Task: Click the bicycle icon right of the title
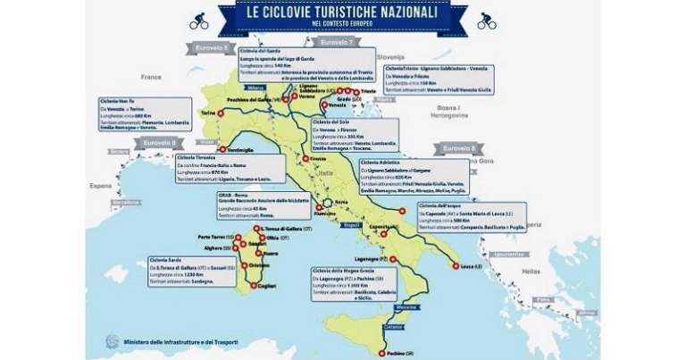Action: [486, 19]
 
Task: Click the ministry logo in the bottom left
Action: [111, 341]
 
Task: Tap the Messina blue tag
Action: [407, 306]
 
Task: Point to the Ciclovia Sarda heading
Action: [169, 261]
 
